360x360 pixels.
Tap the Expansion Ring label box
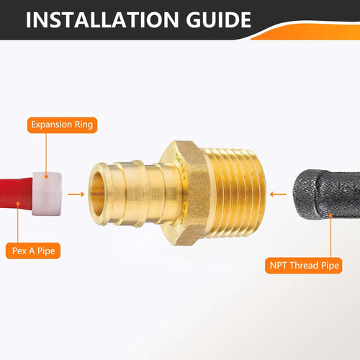tap(61, 125)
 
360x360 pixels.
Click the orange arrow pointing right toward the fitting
tap(75, 193)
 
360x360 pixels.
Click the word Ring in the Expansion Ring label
tap(82, 125)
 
